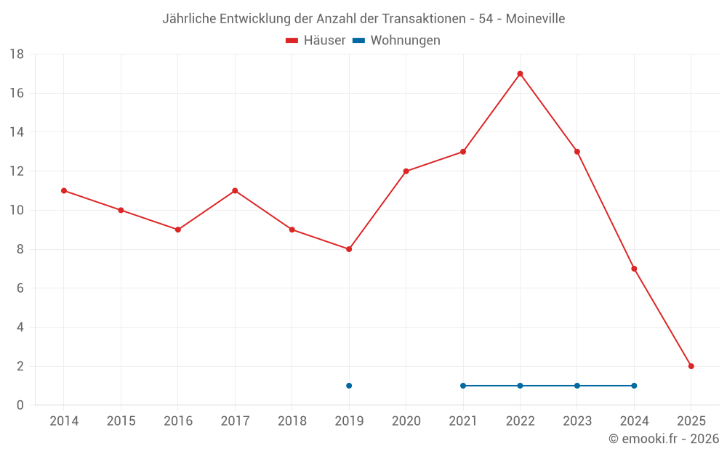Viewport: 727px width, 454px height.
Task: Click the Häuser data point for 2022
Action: tap(520, 73)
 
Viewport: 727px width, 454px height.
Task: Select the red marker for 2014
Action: tap(64, 190)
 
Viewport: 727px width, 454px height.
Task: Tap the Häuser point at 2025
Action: tap(691, 366)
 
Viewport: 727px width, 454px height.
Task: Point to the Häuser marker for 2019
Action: tap(349, 249)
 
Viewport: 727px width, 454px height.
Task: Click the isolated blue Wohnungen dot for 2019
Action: tap(349, 386)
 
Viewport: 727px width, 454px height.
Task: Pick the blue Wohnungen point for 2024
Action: tap(634, 386)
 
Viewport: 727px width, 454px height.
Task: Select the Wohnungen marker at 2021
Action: tap(463, 386)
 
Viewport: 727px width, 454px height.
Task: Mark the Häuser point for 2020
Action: tap(406, 171)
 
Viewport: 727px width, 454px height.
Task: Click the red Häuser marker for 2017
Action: tap(235, 190)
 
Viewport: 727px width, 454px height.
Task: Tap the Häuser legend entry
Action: tap(316, 41)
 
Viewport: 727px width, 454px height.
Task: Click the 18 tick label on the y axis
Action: tap(17, 54)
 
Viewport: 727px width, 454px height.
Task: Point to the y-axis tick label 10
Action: tap(17, 211)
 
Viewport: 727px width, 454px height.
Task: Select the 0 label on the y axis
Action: tap(20, 405)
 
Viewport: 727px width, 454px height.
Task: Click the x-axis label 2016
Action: tap(178, 421)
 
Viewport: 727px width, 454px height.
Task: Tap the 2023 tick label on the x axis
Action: tap(577, 421)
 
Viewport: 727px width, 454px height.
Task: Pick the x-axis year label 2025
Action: tap(691, 421)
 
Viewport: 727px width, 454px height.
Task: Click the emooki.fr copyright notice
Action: tap(664, 439)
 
